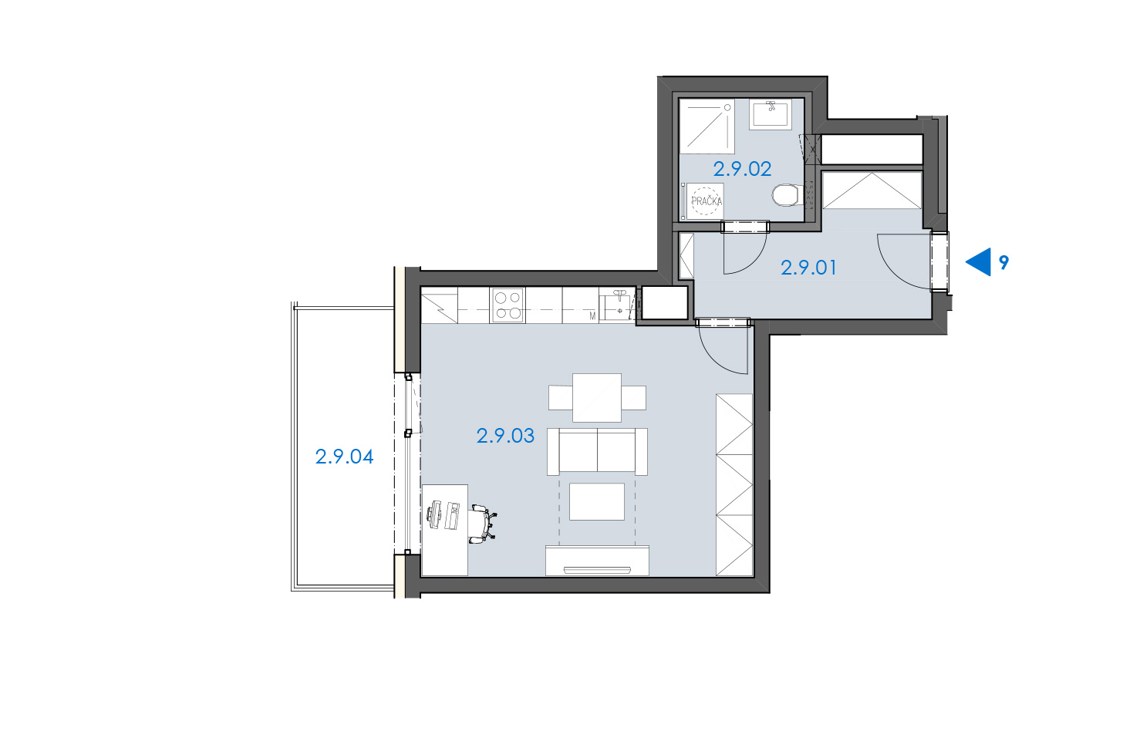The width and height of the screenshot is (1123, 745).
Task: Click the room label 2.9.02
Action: click(742, 170)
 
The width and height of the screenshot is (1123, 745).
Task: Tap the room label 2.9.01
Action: click(808, 268)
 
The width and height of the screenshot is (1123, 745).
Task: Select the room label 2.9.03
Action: click(505, 436)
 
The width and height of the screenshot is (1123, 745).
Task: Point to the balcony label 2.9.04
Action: click(345, 457)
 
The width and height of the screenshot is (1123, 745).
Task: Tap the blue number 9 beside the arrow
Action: click(1003, 262)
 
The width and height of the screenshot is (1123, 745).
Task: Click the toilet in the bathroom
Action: click(786, 195)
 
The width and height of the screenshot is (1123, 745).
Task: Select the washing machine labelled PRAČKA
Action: click(705, 201)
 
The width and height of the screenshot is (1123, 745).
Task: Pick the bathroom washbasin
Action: click(770, 114)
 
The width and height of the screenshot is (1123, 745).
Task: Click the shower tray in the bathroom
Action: click(707, 126)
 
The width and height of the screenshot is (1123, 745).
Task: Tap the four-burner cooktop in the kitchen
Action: click(508, 305)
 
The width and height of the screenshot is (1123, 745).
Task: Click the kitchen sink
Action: click(617, 305)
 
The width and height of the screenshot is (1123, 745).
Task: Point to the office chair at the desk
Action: click(484, 524)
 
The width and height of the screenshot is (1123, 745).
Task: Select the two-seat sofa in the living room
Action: click(597, 451)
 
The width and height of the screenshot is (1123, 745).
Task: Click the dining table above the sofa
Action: click(597, 398)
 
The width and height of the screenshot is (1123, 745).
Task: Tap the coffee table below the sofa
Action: click(597, 501)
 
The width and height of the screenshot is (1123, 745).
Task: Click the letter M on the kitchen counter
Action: click(592, 316)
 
